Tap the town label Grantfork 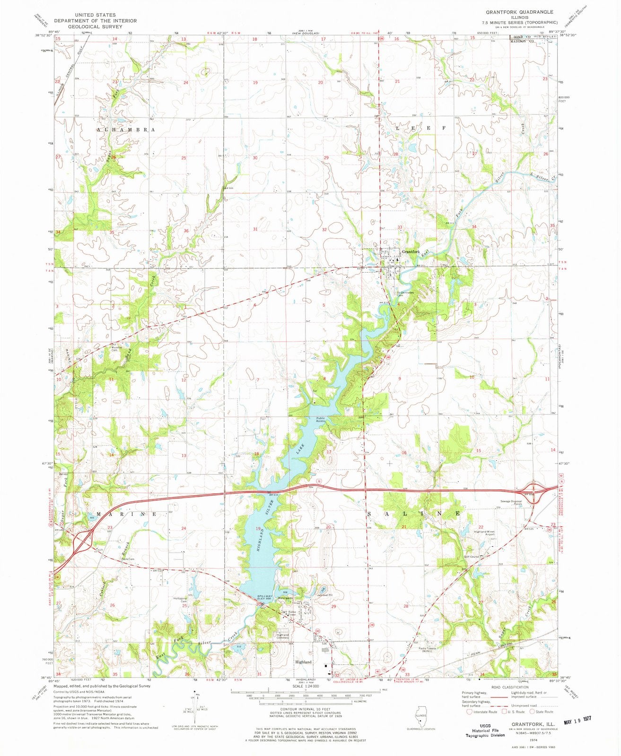click(411, 252)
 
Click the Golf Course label click(472, 557)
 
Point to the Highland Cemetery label click(282, 636)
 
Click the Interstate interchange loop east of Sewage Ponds click(536, 489)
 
